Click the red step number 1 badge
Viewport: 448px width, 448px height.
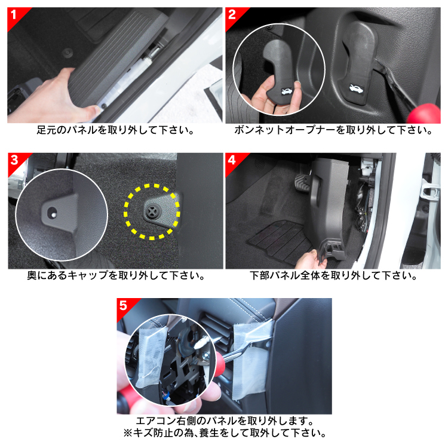click(x=15, y=15)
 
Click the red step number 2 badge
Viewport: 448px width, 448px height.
click(x=233, y=15)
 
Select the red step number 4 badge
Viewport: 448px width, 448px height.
click(x=233, y=161)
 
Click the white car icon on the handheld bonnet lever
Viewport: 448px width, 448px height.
click(x=286, y=91)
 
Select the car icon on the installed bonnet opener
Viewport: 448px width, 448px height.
click(x=356, y=88)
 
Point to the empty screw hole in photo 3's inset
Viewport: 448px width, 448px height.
click(x=53, y=213)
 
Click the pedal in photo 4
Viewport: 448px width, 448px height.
click(x=303, y=182)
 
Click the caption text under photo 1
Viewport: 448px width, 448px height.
click(x=115, y=131)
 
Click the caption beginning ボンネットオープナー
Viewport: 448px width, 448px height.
click(x=333, y=131)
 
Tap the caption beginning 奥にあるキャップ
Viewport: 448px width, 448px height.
click(x=116, y=276)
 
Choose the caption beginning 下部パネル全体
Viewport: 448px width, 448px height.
click(x=333, y=276)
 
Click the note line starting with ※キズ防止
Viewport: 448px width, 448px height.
click(x=225, y=433)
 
